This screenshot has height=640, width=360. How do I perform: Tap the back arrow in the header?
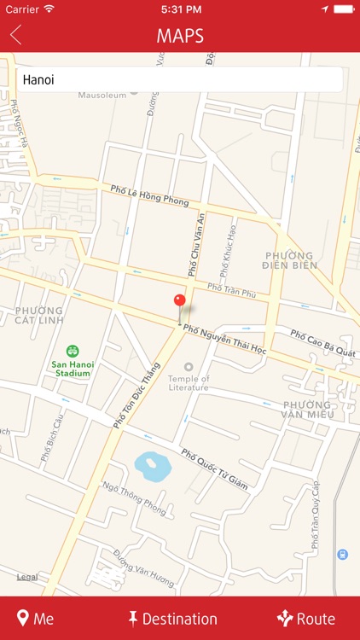click(15, 35)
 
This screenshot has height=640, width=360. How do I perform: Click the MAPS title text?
click(180, 36)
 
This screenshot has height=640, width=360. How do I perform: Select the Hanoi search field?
click(179, 79)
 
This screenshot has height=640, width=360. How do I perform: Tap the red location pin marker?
click(179, 302)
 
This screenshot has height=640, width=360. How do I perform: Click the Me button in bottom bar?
click(35, 619)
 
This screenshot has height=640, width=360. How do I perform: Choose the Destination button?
click(172, 619)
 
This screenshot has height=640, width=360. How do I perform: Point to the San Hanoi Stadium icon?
click(73, 351)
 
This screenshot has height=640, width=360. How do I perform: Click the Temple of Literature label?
click(188, 382)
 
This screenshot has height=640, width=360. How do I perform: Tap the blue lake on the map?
click(153, 466)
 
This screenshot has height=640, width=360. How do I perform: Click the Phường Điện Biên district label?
click(291, 260)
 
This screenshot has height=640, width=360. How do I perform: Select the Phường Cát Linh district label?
click(38, 316)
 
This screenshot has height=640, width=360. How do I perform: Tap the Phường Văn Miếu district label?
click(306, 409)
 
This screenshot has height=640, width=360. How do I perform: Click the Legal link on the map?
click(26, 578)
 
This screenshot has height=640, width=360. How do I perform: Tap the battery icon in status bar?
click(343, 9)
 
